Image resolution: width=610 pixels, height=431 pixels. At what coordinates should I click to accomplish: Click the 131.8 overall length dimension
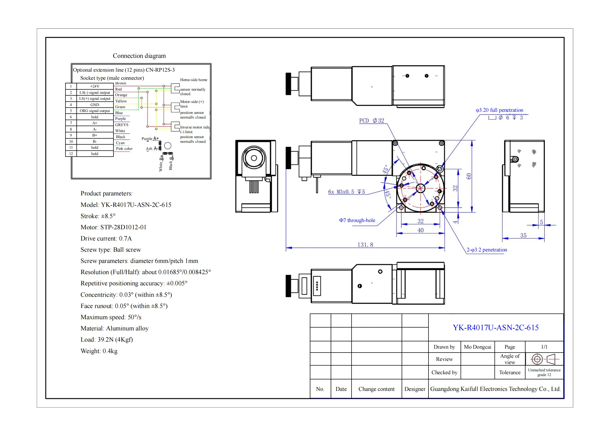coord(365,245)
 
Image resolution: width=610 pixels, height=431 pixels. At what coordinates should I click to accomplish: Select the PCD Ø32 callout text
coord(371,121)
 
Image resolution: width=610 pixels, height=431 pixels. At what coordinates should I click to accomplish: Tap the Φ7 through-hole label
coord(357,220)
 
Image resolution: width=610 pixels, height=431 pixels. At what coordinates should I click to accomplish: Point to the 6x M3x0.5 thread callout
coord(346,192)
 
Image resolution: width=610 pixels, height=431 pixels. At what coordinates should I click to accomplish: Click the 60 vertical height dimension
coord(469,176)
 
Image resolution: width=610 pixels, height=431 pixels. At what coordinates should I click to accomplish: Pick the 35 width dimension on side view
coord(523,235)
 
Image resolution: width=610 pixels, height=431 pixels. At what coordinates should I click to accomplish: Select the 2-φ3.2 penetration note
coord(487,250)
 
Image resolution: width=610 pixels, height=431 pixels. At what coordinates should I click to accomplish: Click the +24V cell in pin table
coord(95,86)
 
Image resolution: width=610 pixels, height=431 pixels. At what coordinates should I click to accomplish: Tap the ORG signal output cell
coord(95,111)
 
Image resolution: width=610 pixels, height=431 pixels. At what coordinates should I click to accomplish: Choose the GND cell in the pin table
coord(95,105)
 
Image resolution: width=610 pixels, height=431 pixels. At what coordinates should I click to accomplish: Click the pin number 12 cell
coord(71,154)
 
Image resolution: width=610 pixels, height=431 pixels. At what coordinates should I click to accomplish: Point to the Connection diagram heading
coord(139,56)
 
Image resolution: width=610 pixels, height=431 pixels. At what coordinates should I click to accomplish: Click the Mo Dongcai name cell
coord(478,347)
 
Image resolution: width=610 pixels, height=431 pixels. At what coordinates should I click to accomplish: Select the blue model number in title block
coord(496,328)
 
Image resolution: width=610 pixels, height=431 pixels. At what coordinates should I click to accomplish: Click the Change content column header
coord(376,389)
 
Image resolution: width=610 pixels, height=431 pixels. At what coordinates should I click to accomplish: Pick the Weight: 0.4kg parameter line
coord(99,351)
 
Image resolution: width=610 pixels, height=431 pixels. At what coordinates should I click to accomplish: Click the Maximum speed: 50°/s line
coord(111,317)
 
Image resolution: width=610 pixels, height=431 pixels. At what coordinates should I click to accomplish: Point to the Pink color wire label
coord(124,149)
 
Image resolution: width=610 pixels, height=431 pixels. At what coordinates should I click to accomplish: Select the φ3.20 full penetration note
coord(499,110)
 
